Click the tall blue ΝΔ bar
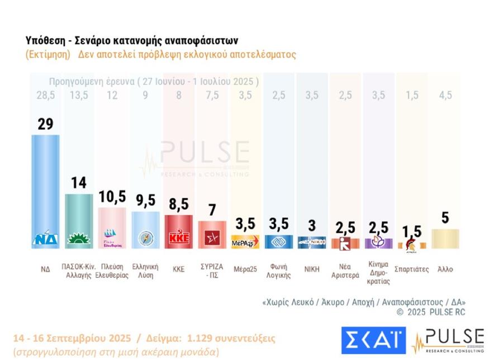click(45, 184)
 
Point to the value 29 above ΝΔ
click(45, 124)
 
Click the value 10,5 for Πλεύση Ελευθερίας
click(112, 197)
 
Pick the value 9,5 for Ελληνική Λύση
click(145, 201)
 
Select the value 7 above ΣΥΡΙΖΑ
click(212, 210)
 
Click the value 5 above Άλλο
click(445, 218)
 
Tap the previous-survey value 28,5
click(45, 95)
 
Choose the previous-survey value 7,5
click(212, 95)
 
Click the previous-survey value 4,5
click(445, 95)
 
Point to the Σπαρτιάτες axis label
click(412, 269)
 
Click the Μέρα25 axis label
click(245, 269)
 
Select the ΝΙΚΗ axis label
click(312, 269)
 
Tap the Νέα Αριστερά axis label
click(345, 273)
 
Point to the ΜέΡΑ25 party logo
click(245, 242)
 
